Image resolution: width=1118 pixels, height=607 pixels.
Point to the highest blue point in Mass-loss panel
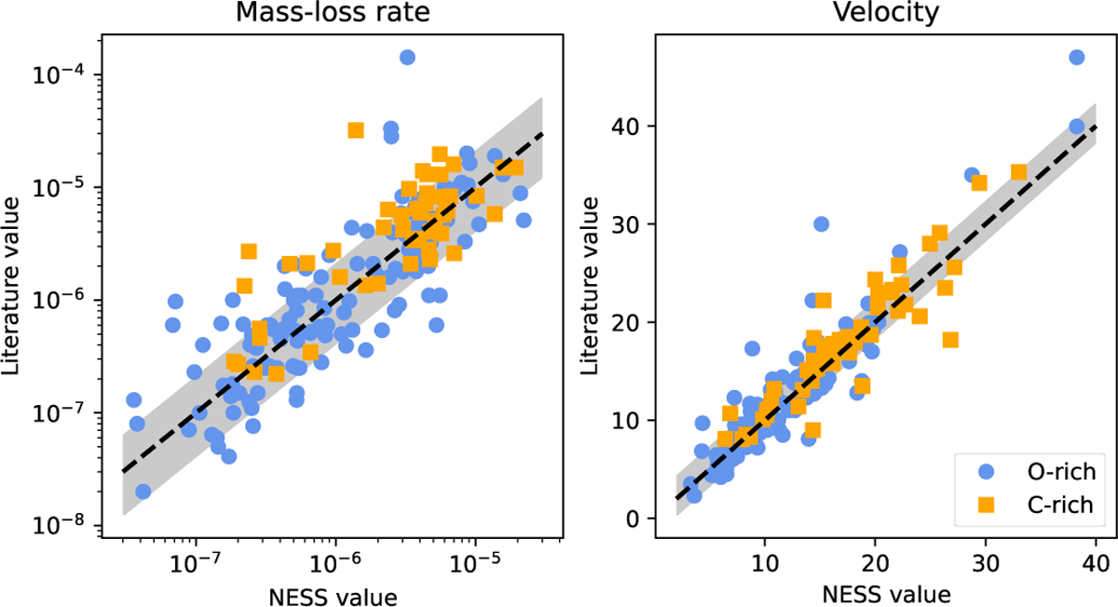pyautogui.click(x=407, y=57)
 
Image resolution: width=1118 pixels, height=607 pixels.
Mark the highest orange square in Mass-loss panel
pyautogui.click(x=356, y=129)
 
